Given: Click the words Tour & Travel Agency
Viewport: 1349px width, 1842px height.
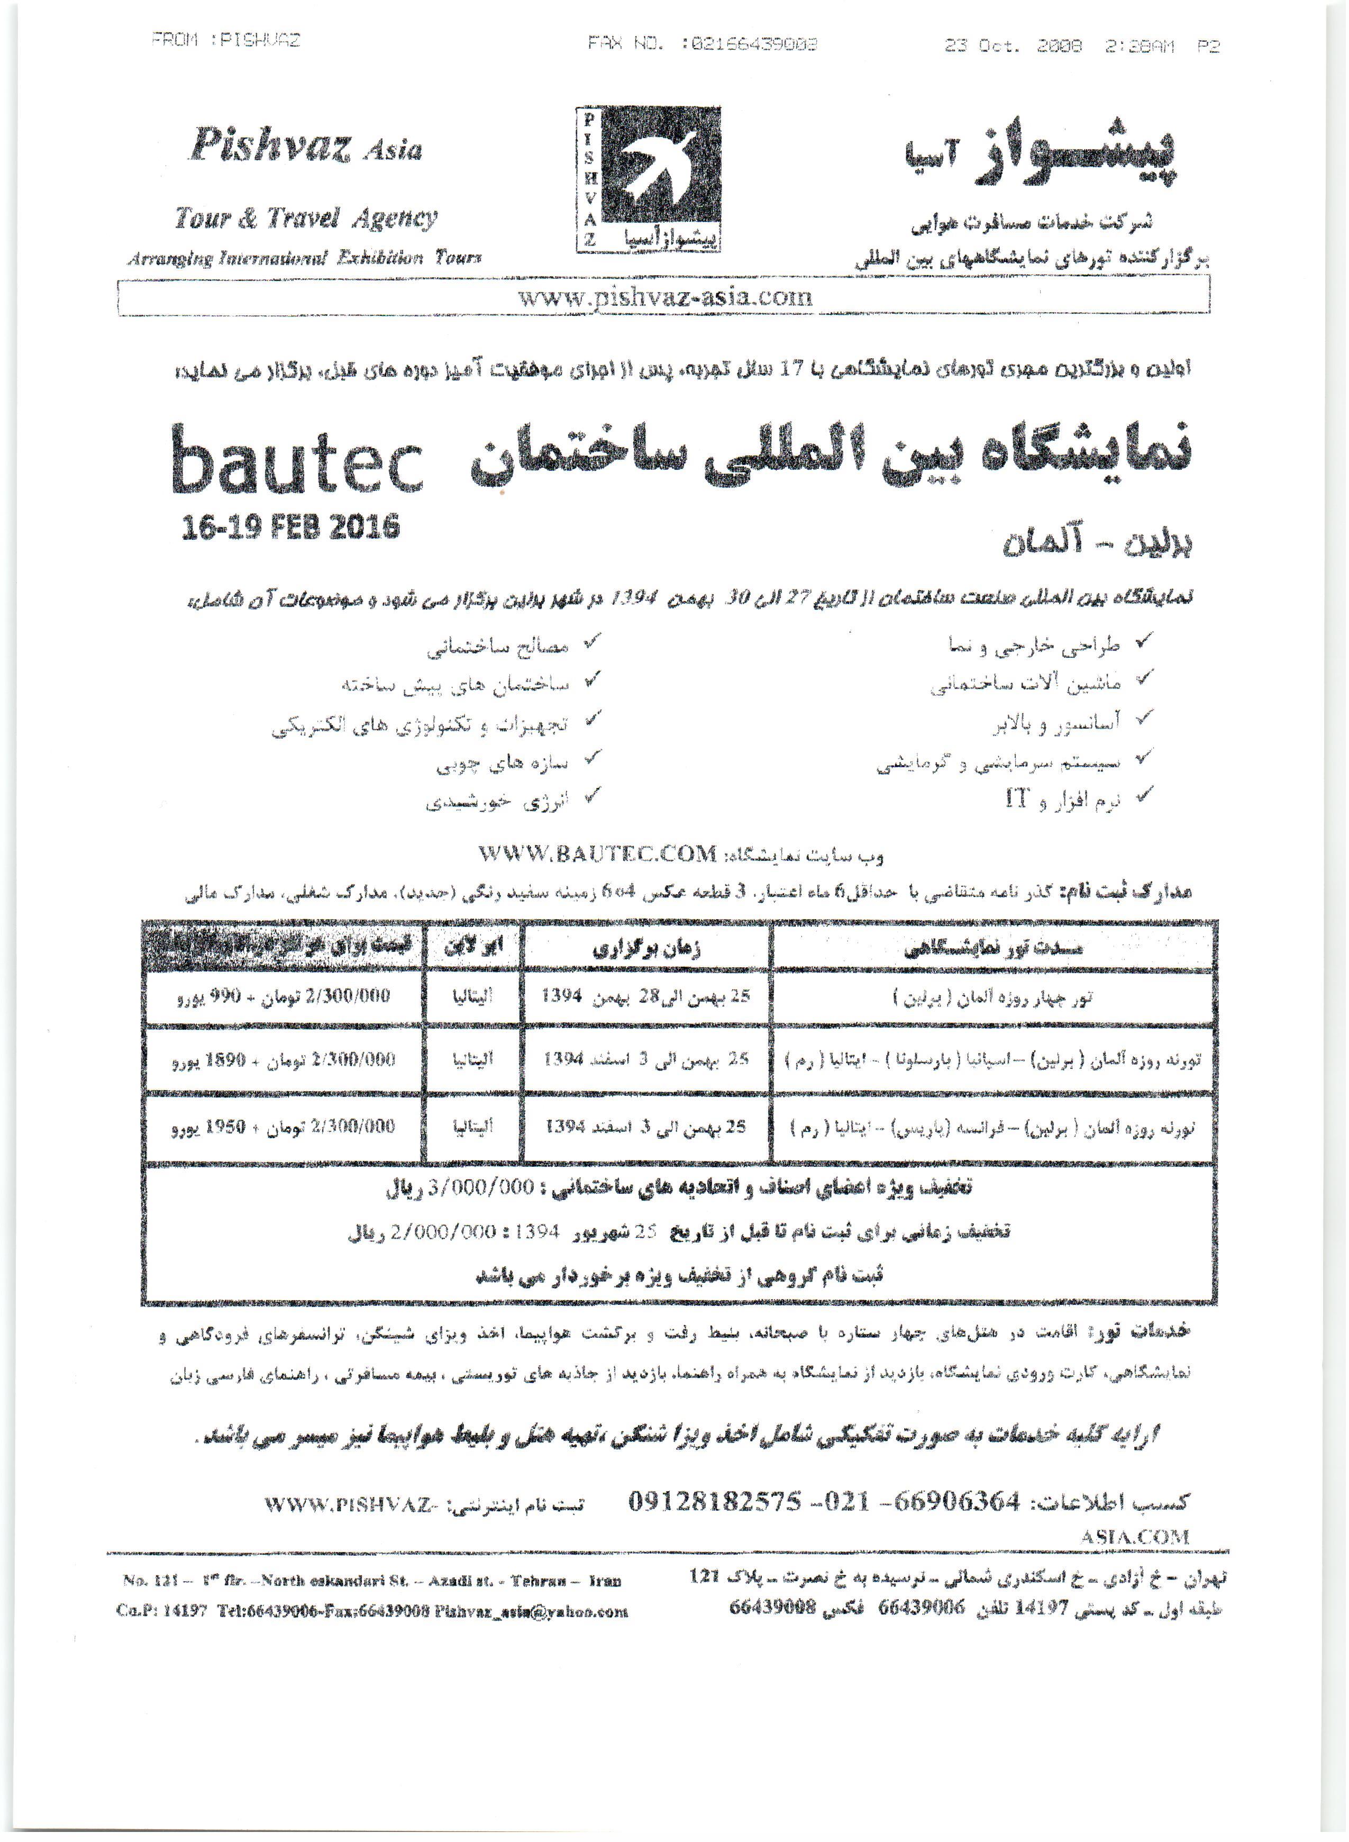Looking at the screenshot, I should (x=305, y=218).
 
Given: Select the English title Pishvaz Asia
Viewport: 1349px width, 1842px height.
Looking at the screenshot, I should (x=305, y=148).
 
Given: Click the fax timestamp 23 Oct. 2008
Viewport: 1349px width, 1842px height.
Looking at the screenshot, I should (x=1014, y=46).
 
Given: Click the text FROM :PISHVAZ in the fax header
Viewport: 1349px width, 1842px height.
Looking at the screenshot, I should (x=226, y=41).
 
